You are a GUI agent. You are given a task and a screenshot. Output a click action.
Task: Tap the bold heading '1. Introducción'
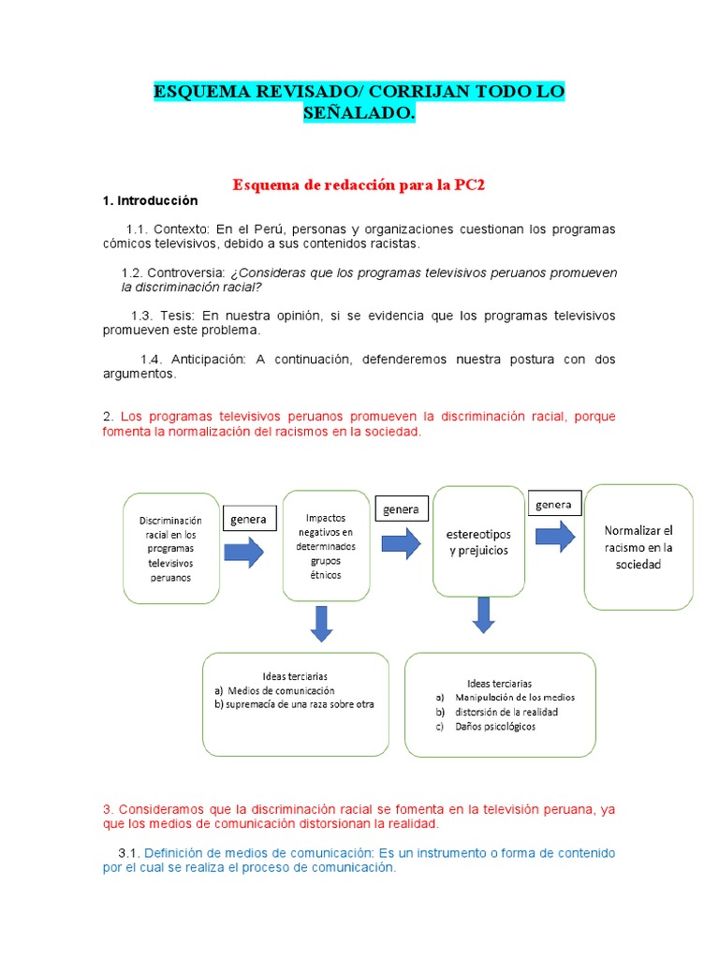click(150, 200)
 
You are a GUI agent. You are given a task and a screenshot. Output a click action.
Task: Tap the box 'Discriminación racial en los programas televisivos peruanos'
click(170, 548)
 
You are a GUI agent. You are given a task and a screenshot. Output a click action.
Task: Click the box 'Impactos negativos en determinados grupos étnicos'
click(325, 545)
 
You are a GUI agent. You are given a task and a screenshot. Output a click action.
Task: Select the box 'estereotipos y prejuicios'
click(478, 540)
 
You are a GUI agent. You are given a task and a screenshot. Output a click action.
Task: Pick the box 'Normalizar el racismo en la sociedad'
click(638, 547)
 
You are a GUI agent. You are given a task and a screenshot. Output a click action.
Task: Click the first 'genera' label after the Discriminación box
click(248, 519)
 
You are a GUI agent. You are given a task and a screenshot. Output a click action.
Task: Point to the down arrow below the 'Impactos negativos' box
click(321, 623)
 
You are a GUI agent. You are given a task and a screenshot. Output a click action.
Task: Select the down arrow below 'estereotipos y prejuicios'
click(483, 613)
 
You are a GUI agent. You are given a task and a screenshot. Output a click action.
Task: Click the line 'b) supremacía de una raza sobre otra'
click(294, 704)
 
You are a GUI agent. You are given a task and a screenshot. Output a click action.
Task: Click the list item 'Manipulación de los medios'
click(514, 697)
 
